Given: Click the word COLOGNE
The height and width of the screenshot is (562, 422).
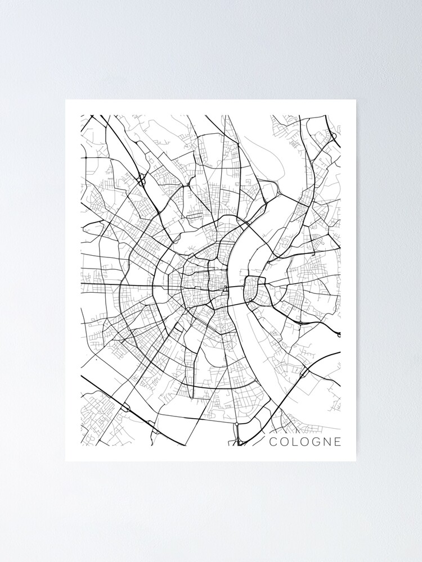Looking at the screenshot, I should (x=305, y=442).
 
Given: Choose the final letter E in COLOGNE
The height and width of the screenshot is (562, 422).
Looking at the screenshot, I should (x=336, y=442).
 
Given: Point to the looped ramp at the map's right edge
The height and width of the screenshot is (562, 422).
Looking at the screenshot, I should (x=339, y=335).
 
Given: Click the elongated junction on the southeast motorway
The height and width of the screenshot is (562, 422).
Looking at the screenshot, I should (x=304, y=372).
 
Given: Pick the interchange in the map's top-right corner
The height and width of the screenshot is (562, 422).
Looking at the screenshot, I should (x=333, y=135).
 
